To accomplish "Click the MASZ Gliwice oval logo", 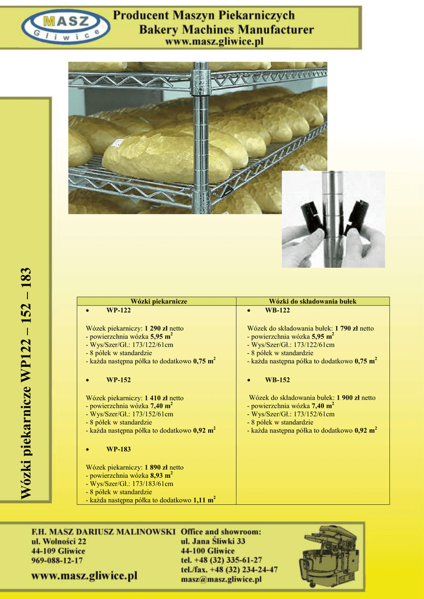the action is [x=66, y=26].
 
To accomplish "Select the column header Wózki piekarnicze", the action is [x=159, y=301].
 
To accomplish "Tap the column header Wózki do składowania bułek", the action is [x=312, y=301].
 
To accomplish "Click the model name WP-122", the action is [x=118, y=311].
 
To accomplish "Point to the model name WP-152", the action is [x=118, y=380].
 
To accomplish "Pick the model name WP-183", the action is [x=118, y=450].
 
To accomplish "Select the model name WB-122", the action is [x=277, y=311].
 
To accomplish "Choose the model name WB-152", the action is [x=277, y=380].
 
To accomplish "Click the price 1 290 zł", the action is [x=156, y=329].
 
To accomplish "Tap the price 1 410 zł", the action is [x=156, y=398].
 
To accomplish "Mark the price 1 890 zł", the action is [x=156, y=467].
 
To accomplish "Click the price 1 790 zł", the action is [x=346, y=329].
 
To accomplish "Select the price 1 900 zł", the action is [x=348, y=398].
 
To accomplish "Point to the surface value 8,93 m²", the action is [x=161, y=475].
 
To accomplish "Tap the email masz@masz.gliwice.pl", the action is [x=221, y=580].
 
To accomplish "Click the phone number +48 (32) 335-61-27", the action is [x=228, y=560].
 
